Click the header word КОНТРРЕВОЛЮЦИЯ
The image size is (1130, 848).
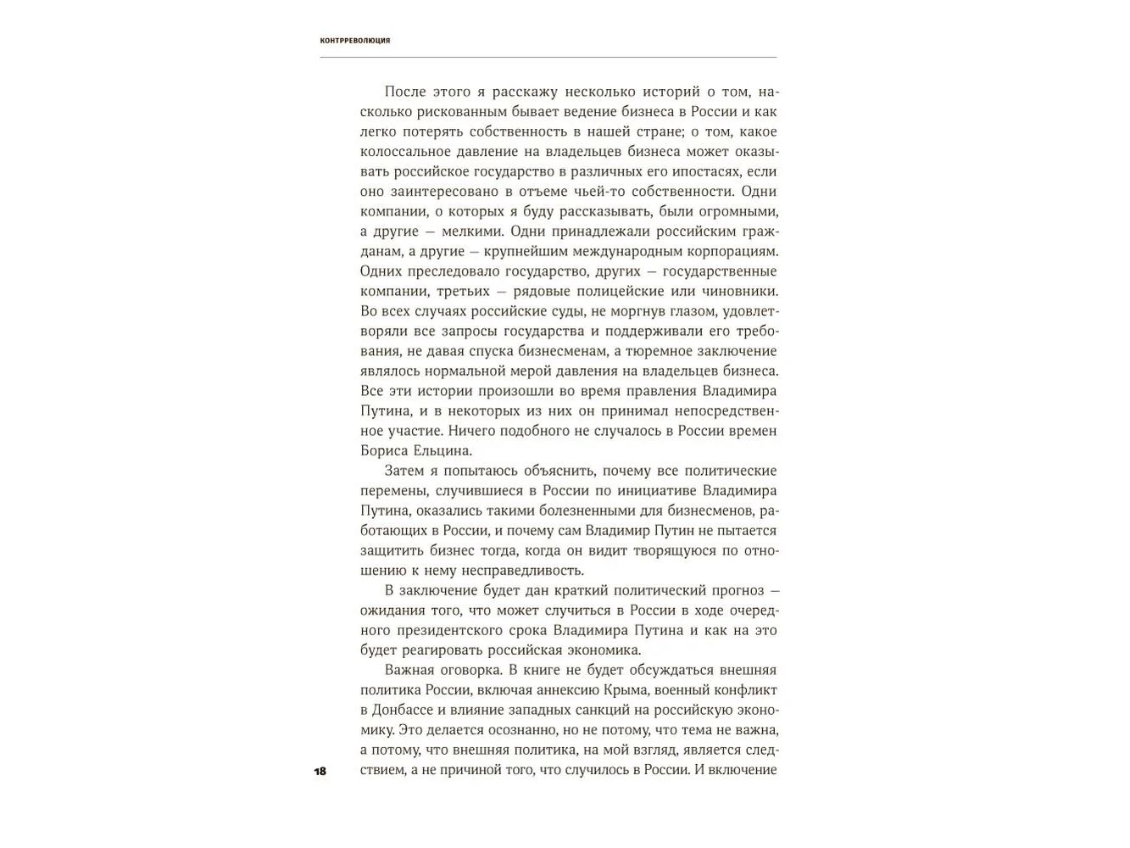[x=355, y=41]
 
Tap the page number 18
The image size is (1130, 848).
[x=320, y=772]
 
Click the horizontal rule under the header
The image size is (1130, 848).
[x=548, y=58]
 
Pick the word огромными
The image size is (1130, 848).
[x=739, y=212]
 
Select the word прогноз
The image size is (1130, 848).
[x=729, y=590]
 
